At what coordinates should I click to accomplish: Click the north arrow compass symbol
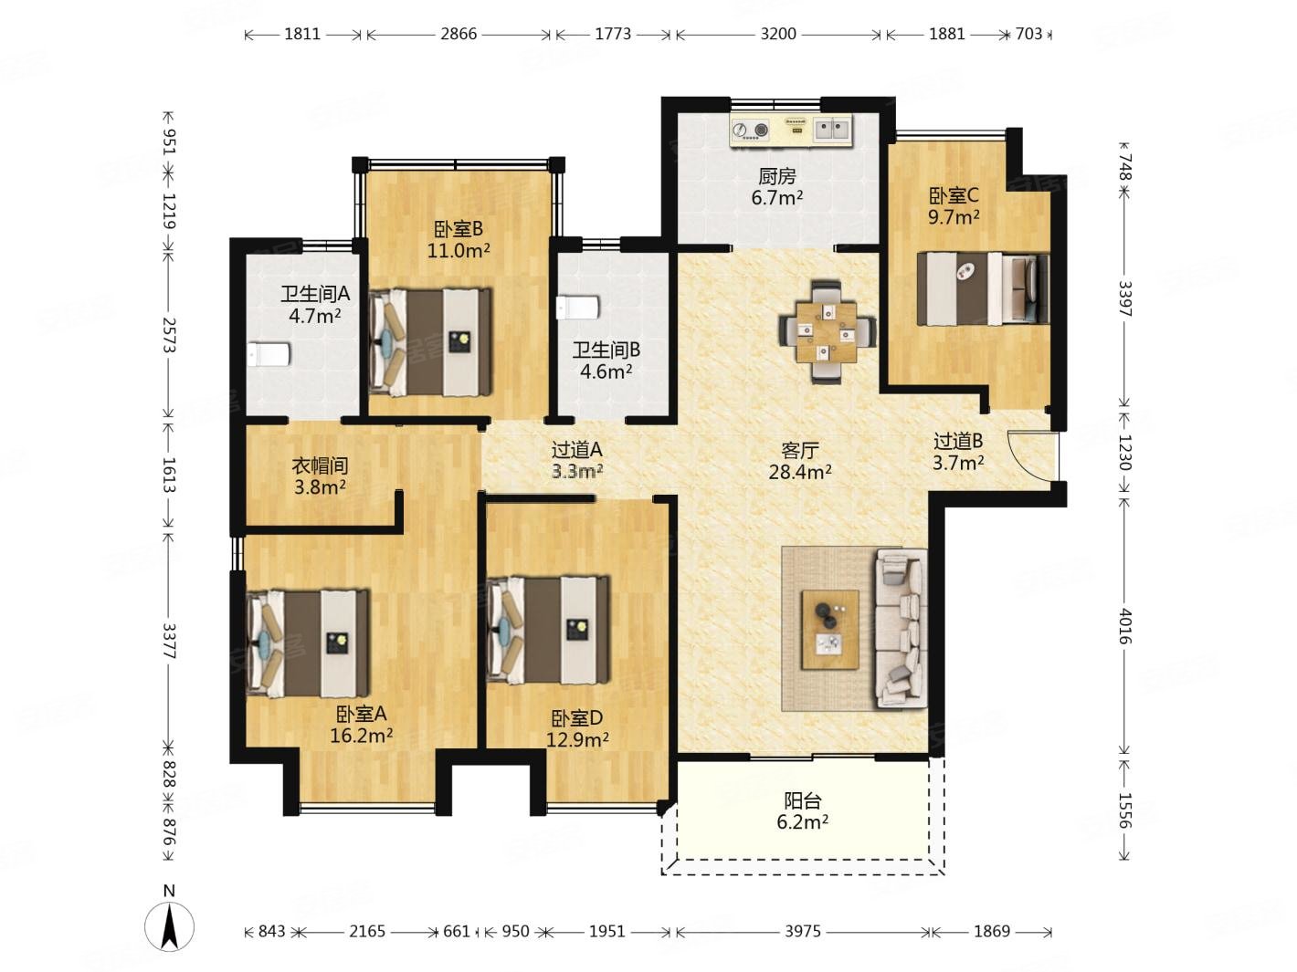(x=169, y=926)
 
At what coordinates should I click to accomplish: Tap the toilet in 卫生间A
(x=269, y=354)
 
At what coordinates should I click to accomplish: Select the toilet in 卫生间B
(x=578, y=307)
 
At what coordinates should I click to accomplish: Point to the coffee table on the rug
(x=829, y=629)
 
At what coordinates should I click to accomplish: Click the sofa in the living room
(x=901, y=628)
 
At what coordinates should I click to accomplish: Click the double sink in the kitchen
(x=833, y=130)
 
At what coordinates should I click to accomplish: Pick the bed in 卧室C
(x=983, y=288)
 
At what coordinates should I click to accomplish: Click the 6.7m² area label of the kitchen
(x=776, y=198)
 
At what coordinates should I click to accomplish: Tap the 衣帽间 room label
(x=320, y=465)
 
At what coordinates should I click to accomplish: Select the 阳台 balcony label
(x=803, y=800)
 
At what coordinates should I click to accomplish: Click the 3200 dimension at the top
(x=777, y=34)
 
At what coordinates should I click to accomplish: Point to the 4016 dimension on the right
(x=1125, y=627)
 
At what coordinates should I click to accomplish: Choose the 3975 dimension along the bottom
(x=803, y=931)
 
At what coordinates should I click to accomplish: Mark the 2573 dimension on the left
(x=170, y=335)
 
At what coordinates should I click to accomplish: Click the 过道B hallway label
(x=958, y=441)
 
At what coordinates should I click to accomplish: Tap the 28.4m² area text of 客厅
(x=800, y=472)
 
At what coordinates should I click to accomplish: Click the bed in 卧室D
(x=548, y=629)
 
